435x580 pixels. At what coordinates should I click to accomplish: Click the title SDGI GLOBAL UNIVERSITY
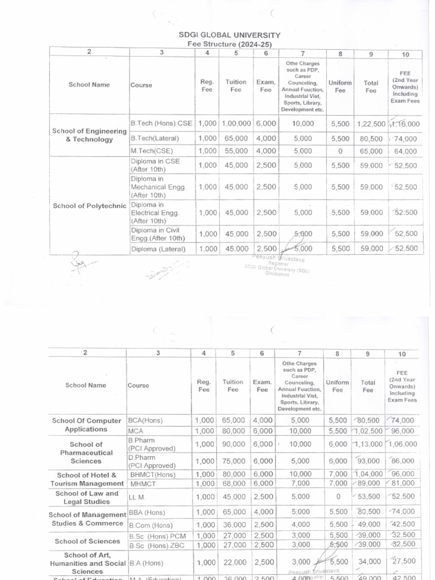[229, 35]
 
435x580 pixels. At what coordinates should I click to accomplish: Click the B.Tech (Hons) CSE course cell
[161, 123]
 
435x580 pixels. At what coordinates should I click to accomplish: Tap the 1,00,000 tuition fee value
[236, 123]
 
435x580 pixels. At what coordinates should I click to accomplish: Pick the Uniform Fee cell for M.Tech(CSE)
[340, 151]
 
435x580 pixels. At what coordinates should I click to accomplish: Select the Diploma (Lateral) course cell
[158, 249]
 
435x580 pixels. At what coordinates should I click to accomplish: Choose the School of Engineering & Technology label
[89, 135]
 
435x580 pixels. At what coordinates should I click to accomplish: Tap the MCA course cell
[137, 431]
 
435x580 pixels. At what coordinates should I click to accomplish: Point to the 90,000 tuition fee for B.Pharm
[234, 445]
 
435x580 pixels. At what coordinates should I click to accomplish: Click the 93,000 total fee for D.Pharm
[370, 461]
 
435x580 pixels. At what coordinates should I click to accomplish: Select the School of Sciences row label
[87, 541]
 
